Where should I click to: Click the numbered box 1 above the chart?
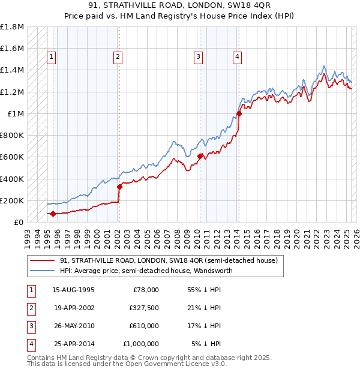52,57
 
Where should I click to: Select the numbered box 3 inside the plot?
197,57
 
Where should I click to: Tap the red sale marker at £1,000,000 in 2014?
239,113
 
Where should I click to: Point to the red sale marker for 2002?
119,187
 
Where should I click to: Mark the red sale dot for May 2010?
200,156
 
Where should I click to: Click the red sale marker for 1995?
53,214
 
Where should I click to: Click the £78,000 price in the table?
145,290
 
